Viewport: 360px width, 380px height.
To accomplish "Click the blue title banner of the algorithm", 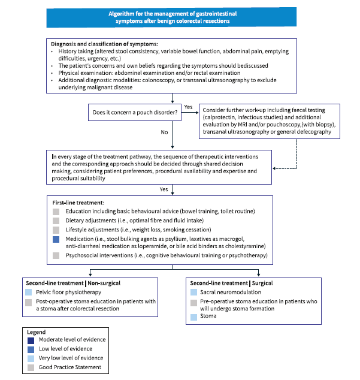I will (172, 16).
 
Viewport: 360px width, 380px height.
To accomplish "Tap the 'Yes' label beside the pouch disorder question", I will (188, 107).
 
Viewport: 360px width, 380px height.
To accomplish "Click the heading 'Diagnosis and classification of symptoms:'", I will (104, 44).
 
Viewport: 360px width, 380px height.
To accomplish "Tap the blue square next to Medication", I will (56, 239).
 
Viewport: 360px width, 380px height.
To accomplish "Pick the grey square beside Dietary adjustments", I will (56, 221).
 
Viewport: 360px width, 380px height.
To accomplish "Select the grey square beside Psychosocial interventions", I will (56, 256).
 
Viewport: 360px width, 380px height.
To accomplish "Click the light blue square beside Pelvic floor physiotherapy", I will (28, 292).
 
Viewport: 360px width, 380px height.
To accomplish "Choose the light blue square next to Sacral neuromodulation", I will (193, 292).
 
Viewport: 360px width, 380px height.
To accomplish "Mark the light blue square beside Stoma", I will (193, 316).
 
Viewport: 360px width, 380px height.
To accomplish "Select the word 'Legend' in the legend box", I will (37, 331).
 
